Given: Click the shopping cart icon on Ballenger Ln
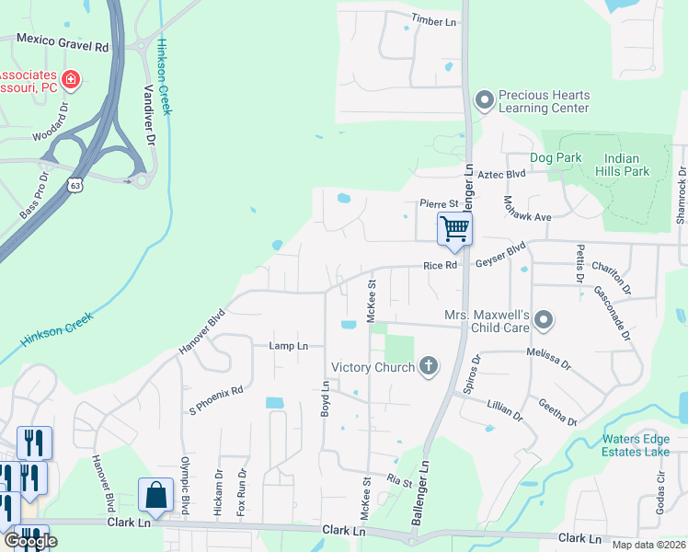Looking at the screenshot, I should pyautogui.click(x=454, y=227).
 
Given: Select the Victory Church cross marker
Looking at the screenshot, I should pyautogui.click(x=428, y=367).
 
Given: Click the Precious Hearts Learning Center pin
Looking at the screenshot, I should pyautogui.click(x=484, y=100).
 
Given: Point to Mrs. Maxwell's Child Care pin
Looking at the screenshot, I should pyautogui.click(x=544, y=320).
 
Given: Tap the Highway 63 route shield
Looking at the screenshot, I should pyautogui.click(x=75, y=185).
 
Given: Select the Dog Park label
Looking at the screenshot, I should pyautogui.click(x=556, y=157).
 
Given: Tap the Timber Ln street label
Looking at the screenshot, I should pyautogui.click(x=434, y=18).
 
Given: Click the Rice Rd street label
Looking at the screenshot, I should pyautogui.click(x=440, y=266).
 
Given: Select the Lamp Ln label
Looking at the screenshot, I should pyautogui.click(x=288, y=346).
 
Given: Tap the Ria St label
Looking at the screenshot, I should pyautogui.click(x=399, y=480).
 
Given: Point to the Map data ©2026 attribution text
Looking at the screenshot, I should pyautogui.click(x=648, y=545).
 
